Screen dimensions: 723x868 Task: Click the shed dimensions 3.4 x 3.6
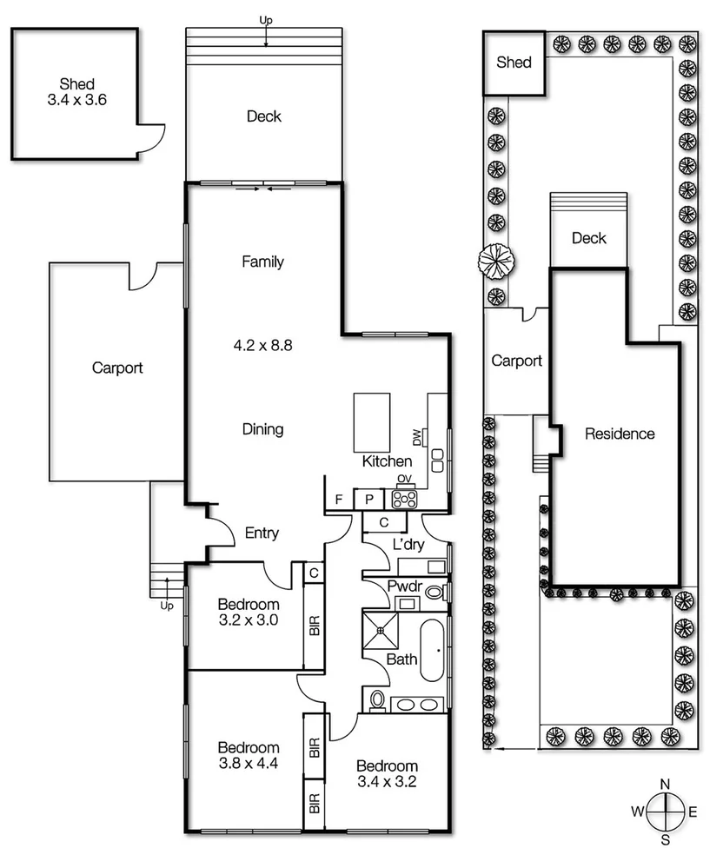[77, 100]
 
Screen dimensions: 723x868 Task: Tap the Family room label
[263, 262]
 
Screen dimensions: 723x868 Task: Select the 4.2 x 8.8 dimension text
[263, 346]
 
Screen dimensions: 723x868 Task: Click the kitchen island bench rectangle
[371, 423]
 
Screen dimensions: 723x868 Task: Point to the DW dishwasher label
[416, 437]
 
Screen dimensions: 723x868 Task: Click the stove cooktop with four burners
[404, 499]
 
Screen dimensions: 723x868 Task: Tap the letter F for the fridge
[339, 500]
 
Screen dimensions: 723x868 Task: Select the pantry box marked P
[369, 500]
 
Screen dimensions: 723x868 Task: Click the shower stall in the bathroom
[381, 629]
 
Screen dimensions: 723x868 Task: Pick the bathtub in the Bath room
[432, 650]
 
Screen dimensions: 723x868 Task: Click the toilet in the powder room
[435, 593]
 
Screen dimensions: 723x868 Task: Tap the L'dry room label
[408, 545]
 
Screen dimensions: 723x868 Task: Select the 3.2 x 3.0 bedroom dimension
[249, 620]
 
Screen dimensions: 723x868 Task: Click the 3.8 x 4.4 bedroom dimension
[249, 764]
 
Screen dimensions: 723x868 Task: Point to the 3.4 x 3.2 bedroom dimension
[387, 782]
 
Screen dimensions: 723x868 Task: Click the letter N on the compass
[666, 784]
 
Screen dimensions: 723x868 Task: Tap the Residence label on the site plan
[620, 434]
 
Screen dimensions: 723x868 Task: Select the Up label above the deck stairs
[266, 21]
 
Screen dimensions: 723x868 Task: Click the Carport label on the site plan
[516, 361]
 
